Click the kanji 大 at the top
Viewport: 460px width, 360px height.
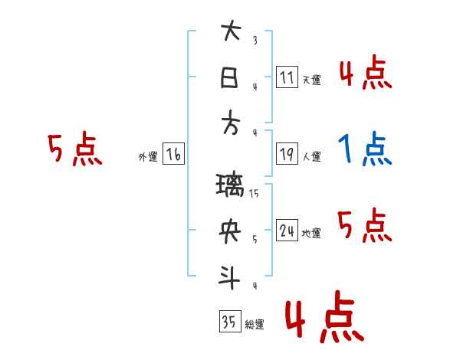[x=231, y=33]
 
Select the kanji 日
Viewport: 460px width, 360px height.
[x=231, y=78]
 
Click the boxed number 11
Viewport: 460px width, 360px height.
[x=287, y=77]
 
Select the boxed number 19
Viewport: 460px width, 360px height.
[x=287, y=154]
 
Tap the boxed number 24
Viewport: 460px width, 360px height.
[x=287, y=231]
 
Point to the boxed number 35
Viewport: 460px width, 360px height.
[x=228, y=322]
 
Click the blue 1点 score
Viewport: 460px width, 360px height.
[x=365, y=150]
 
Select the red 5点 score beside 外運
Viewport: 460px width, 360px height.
[x=74, y=149]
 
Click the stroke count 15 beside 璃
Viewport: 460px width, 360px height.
[x=255, y=194]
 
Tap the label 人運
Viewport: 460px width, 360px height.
[x=311, y=157]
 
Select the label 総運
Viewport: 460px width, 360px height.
[x=254, y=326]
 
